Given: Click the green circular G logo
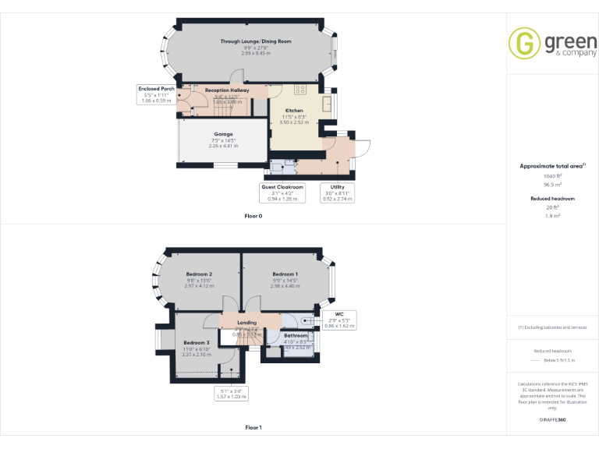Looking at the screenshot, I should click(x=524, y=43).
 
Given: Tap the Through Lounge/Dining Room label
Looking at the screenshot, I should click(x=256, y=41).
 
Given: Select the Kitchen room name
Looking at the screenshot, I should click(x=294, y=111).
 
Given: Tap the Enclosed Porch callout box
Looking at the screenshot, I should click(x=156, y=94).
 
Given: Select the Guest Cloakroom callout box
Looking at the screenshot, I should click(x=282, y=193).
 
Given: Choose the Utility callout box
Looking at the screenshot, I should click(x=338, y=193).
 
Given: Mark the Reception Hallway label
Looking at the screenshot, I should click(x=227, y=90).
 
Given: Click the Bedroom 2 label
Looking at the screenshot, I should click(x=199, y=274).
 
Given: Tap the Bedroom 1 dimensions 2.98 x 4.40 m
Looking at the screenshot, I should click(x=285, y=285).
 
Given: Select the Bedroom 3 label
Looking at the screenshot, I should click(x=197, y=343).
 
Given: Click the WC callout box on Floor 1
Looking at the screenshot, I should click(x=339, y=319).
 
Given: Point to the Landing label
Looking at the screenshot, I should click(x=246, y=322).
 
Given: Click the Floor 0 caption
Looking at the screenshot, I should click(x=253, y=216).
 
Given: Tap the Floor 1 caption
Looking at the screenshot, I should click(x=253, y=427).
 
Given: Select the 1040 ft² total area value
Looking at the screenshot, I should click(x=552, y=176).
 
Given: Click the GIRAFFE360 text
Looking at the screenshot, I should click(x=552, y=419).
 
